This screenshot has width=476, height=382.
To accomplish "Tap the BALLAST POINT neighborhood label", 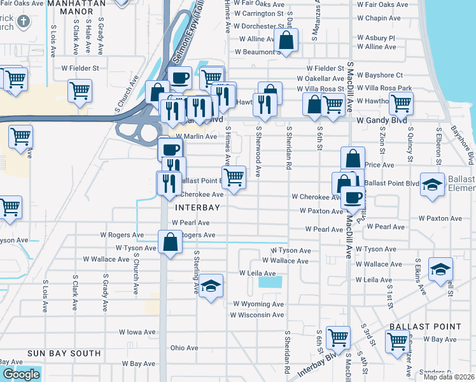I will pyautogui.click(x=425, y=327).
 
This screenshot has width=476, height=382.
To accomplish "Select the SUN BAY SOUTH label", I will pyautogui.click(x=64, y=353).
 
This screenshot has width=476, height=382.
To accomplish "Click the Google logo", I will pyautogui.click(x=20, y=374).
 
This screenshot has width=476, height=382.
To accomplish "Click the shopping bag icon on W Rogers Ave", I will pyautogui.click(x=170, y=242).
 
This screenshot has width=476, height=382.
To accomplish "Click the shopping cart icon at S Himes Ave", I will pyautogui.click(x=234, y=177).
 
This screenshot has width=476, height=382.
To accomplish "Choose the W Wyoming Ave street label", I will pyautogui.click(x=258, y=304).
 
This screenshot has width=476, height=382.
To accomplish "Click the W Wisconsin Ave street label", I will pyautogui.click(x=256, y=315).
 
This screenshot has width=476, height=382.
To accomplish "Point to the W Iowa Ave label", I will pyautogui.click(x=137, y=332).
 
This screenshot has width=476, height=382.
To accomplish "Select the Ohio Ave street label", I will pyautogui.click(x=185, y=348).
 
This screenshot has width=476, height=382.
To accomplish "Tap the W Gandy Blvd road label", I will pyautogui.click(x=381, y=120).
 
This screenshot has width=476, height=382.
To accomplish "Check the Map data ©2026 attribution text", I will pyautogui.click(x=448, y=377).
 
